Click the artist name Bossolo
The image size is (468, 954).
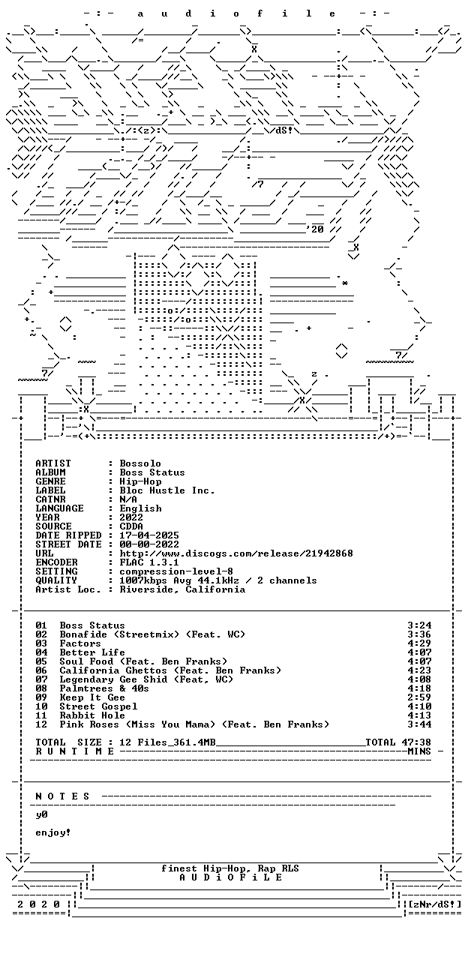point(140,463)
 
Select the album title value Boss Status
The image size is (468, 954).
point(152,472)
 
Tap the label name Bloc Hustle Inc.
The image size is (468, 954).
point(167,490)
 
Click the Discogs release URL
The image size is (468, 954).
point(236,553)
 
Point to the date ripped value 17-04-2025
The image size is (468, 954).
point(149,535)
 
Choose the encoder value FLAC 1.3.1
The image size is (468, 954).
point(149,562)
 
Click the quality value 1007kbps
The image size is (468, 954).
point(143,580)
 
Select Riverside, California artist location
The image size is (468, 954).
point(182,589)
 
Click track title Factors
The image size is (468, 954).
point(80,643)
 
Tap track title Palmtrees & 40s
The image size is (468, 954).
point(104,688)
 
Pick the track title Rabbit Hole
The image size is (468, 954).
point(92,715)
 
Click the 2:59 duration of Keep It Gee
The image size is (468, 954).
point(419,697)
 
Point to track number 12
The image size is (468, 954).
point(41,724)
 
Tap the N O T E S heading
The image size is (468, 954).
point(62,796)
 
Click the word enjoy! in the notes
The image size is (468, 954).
point(53,832)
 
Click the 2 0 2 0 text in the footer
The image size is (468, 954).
point(38,904)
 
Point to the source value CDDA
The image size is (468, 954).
point(131,526)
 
